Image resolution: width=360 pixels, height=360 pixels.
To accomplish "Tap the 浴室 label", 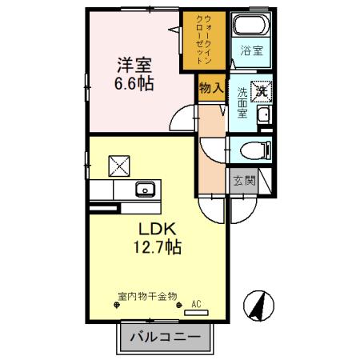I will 252,52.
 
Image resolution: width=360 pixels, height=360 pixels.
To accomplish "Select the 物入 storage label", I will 210,88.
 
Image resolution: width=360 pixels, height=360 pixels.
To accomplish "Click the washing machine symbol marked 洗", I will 261,91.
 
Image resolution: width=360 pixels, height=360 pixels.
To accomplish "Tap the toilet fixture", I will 255,149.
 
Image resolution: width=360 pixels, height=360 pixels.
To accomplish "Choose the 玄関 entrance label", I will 244,181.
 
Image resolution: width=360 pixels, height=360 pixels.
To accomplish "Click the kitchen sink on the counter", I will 145,190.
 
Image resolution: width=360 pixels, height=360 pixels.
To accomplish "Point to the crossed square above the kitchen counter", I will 118,165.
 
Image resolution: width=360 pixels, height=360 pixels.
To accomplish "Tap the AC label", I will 196,304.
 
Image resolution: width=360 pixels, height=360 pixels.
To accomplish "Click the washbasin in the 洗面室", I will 265,117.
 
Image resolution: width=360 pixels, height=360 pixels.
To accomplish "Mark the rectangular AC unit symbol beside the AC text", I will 197,314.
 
